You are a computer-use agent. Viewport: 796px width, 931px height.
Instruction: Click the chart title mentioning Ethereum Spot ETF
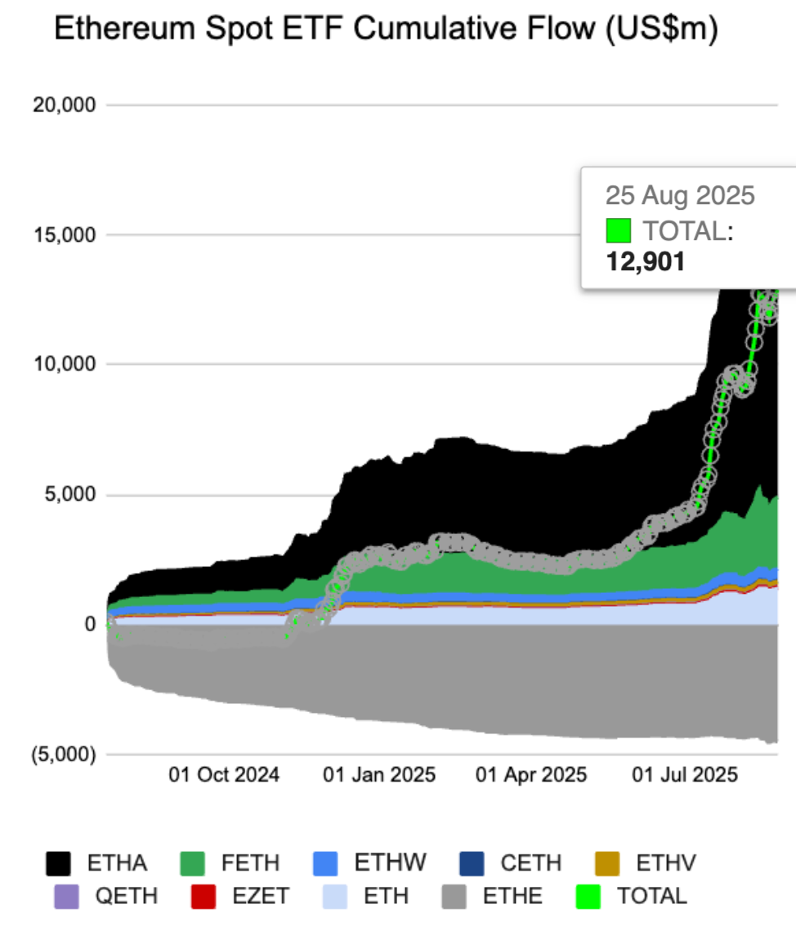pyautogui.click(x=386, y=30)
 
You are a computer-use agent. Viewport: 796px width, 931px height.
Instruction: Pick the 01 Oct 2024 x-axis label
pyautogui.click(x=224, y=774)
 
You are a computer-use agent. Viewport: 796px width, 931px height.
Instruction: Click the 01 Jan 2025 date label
pyautogui.click(x=379, y=774)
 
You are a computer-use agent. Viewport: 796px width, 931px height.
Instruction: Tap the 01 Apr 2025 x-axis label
pyautogui.click(x=531, y=774)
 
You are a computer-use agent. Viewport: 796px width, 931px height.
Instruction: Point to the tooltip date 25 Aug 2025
pyautogui.click(x=680, y=196)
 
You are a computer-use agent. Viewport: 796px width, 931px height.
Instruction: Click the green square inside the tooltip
pyautogui.click(x=619, y=231)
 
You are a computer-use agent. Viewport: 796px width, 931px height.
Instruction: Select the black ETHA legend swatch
pyautogui.click(x=60, y=862)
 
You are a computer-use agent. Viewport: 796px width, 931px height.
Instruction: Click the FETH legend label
pyautogui.click(x=250, y=862)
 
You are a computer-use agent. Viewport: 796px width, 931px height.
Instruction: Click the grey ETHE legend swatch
pyautogui.click(x=454, y=895)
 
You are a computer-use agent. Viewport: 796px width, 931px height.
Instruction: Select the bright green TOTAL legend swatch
pyautogui.click(x=587, y=895)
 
